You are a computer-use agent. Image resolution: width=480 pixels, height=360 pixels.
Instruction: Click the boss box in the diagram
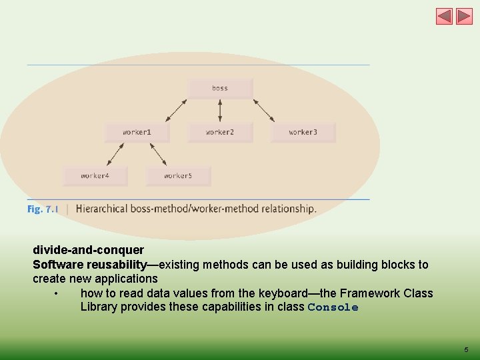(220, 88)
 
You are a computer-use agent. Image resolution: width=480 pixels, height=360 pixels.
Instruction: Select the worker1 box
(137, 132)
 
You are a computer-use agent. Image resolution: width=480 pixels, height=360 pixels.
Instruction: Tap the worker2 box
(220, 132)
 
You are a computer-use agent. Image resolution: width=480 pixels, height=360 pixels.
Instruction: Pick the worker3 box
(303, 132)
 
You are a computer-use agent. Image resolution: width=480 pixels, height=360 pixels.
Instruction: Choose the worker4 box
(95, 176)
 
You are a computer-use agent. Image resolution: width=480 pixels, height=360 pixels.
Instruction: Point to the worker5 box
(178, 176)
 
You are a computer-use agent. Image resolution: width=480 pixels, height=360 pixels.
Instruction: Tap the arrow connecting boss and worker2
(220, 110)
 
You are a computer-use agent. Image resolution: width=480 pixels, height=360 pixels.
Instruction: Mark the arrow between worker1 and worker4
(115, 154)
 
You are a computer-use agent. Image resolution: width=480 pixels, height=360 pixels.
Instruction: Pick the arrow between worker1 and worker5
(158, 154)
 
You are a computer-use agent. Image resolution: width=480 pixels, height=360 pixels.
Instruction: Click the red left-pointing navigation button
(444, 17)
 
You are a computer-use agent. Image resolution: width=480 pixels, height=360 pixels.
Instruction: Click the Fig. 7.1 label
(43, 209)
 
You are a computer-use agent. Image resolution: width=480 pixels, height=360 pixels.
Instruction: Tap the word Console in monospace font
(333, 307)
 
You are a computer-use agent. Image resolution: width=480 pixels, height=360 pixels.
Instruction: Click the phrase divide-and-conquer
(88, 250)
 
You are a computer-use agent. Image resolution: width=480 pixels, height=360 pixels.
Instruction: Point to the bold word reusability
(116, 265)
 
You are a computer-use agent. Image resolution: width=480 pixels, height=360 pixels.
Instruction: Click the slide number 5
(466, 349)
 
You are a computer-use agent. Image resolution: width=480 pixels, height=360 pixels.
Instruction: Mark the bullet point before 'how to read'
(58, 293)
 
